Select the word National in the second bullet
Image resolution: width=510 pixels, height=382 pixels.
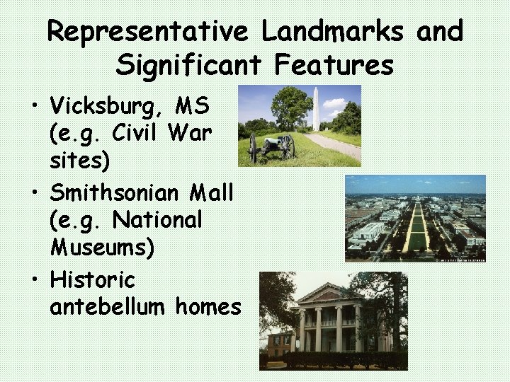(x=157, y=219)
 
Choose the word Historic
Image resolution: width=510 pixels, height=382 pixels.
(x=92, y=280)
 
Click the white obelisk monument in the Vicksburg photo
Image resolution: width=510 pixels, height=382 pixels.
(x=316, y=110)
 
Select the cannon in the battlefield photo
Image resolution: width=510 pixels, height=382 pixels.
(x=273, y=145)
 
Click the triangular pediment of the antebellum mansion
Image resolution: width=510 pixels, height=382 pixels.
(x=329, y=292)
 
